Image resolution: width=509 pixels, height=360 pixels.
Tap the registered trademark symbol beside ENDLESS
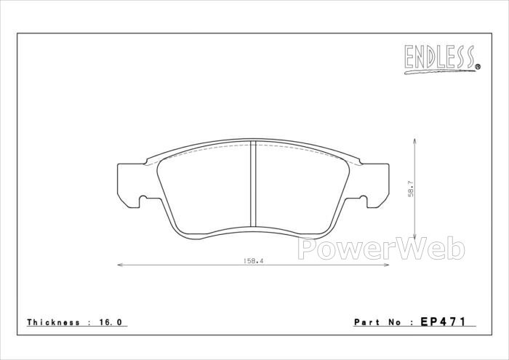point(478,67)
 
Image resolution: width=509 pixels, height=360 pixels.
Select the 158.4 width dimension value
point(253,260)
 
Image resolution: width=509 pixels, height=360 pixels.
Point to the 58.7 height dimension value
point(411,189)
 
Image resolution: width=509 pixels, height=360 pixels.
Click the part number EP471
point(443,321)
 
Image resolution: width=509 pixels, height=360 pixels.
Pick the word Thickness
point(53,322)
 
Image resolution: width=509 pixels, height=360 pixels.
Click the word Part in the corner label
point(366,322)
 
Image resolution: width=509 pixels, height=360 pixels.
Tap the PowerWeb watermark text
point(381,249)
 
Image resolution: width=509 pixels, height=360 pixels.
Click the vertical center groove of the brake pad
point(254,184)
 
